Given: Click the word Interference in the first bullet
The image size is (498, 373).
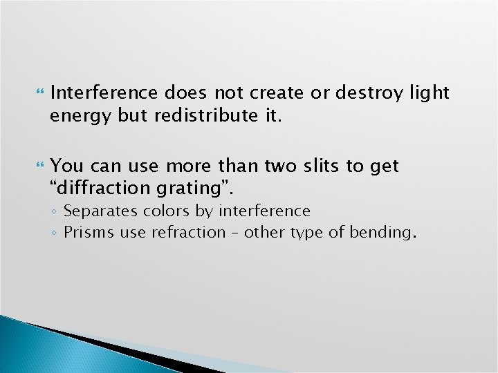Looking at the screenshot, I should point(104,93).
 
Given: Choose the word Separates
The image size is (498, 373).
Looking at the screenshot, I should point(100,211).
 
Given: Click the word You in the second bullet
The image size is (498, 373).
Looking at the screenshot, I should point(66,166).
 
